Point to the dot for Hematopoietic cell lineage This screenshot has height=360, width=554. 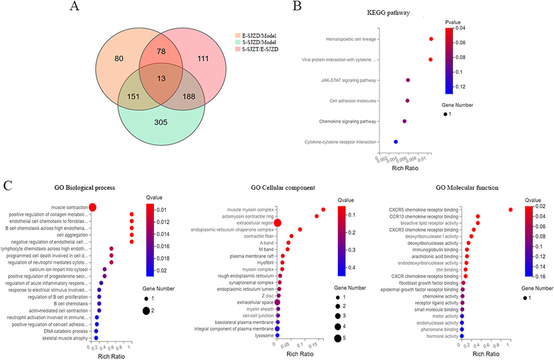(431, 39)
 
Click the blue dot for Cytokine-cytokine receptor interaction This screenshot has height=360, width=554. (396, 142)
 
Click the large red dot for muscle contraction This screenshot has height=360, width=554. (93, 208)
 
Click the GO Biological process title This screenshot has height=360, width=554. (88, 188)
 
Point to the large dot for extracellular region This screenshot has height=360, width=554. (277, 223)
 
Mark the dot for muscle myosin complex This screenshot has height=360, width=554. (324, 210)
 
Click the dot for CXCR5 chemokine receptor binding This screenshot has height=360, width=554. (511, 210)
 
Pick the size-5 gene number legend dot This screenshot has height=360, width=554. (338, 339)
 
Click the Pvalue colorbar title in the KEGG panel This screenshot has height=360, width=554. (453, 22)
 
